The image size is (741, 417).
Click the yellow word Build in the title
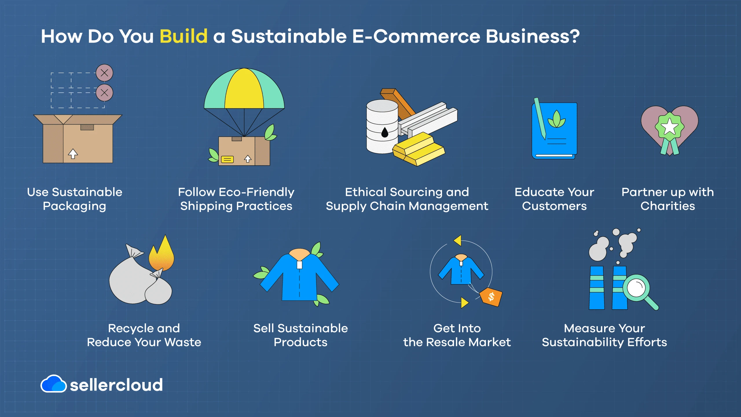184,36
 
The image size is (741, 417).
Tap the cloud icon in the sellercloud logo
54,384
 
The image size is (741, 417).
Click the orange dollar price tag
491,297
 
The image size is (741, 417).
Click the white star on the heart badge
670,127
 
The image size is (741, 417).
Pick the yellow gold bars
418,149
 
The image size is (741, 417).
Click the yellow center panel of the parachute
244,90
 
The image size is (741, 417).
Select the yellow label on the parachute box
227,159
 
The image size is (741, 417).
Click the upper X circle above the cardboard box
104,73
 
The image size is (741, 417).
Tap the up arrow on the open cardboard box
73,153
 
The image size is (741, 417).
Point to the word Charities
667,206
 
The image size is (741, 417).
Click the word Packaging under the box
74,206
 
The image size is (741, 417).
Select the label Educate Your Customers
554,199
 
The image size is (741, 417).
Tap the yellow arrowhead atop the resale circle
458,240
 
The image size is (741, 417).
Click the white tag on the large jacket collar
300,265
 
